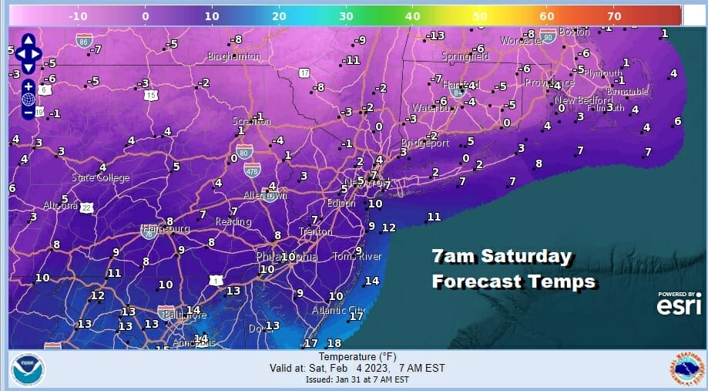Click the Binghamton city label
233,56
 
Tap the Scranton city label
248,120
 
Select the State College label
100,178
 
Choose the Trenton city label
316,231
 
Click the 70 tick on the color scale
614,15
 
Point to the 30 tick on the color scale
347,15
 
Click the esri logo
678,305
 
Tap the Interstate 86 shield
84,39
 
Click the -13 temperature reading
437,35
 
